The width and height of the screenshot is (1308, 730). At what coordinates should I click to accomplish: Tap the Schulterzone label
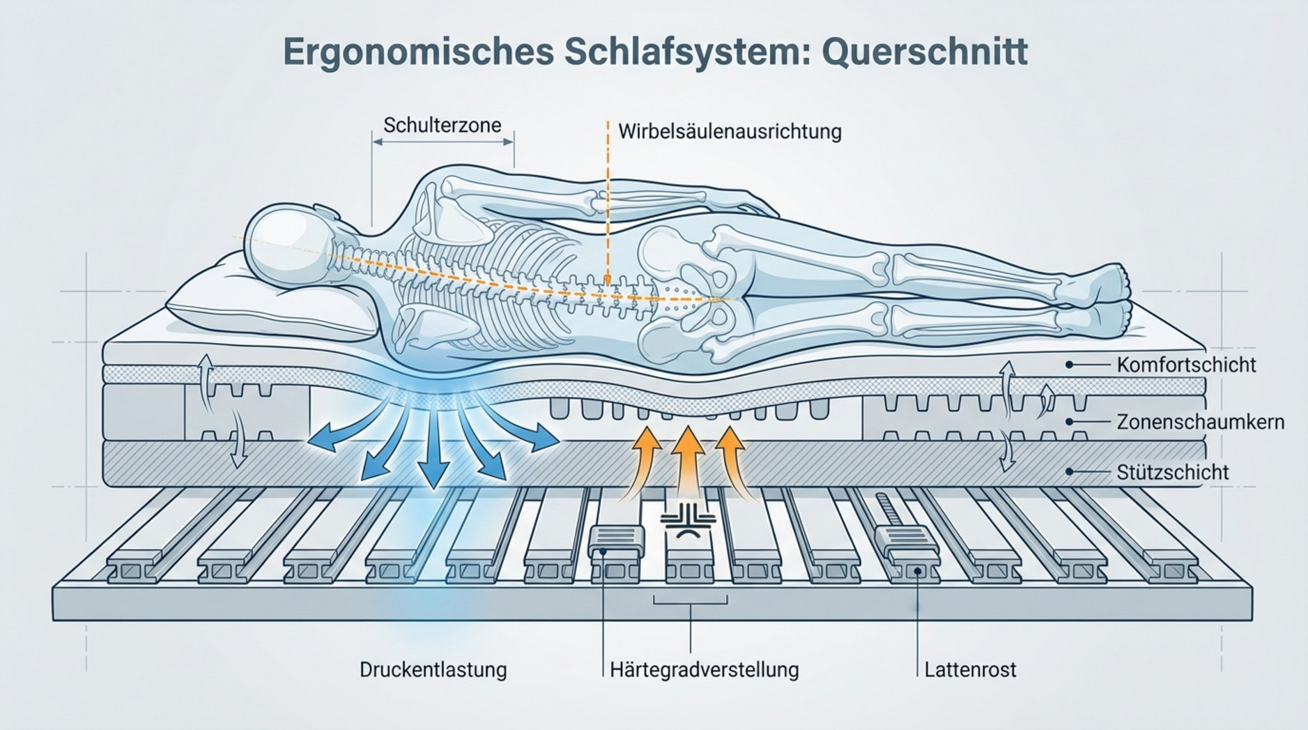pyautogui.click(x=442, y=126)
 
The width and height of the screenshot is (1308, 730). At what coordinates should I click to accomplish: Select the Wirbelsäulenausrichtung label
pyautogui.click(x=730, y=132)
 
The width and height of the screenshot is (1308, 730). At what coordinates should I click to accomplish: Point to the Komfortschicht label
pyautogui.click(x=1186, y=365)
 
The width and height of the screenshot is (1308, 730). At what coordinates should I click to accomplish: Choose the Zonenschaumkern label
pyautogui.click(x=1200, y=422)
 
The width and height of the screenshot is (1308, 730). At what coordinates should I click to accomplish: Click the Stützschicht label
pyautogui.click(x=1172, y=472)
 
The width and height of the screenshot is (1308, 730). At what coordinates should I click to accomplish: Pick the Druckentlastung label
pyautogui.click(x=433, y=670)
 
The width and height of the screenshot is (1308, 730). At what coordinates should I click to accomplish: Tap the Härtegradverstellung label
pyautogui.click(x=704, y=670)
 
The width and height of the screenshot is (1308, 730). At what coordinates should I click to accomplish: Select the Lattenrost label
pyautogui.click(x=970, y=670)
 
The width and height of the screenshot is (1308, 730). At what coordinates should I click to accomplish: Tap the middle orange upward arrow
pyautogui.click(x=688, y=460)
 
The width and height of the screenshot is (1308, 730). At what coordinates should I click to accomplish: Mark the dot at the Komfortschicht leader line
pyautogui.click(x=1069, y=365)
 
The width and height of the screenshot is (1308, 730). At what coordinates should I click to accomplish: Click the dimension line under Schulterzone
pyautogui.click(x=443, y=142)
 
